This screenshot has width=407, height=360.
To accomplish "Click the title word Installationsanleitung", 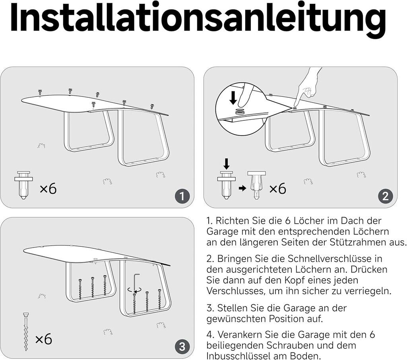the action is click(x=198, y=19).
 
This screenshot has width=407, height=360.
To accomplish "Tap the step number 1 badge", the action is click(x=182, y=196).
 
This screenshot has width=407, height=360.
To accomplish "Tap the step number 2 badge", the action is click(x=386, y=196).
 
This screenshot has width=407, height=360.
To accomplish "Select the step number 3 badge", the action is click(x=182, y=346).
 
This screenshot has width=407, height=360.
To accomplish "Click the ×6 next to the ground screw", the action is click(x=44, y=339).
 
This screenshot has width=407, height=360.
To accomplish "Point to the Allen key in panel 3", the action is click(x=136, y=282).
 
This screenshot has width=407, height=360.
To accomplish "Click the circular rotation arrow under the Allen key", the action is click(x=135, y=290).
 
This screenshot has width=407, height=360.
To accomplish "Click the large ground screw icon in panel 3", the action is click(x=26, y=332).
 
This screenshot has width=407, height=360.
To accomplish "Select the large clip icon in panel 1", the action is click(x=23, y=185).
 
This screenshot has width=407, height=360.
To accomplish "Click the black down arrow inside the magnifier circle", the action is click(x=233, y=98).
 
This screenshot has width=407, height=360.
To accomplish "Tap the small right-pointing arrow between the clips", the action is click(x=242, y=188).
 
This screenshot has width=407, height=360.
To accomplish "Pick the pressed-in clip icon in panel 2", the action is click(x=256, y=185).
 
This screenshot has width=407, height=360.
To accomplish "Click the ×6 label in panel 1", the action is click(x=48, y=188).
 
